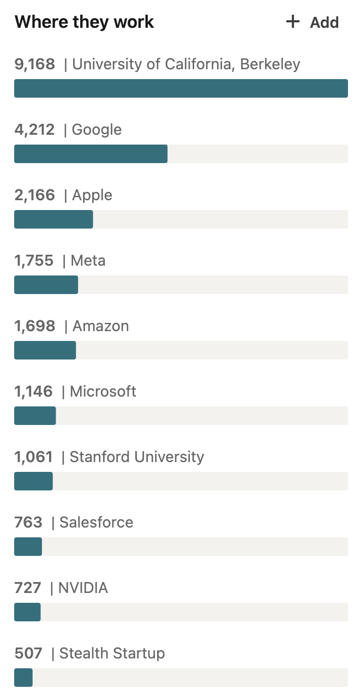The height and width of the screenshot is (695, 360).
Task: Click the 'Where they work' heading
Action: pos(84,22)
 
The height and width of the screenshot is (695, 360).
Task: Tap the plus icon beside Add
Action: pos(293,22)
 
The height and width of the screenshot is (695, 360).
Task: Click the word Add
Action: pos(325,22)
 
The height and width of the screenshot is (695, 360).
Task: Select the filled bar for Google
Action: pos(91,154)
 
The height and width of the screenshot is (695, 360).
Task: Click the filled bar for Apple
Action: pos(53,219)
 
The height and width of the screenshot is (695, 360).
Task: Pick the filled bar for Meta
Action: pos(46,285)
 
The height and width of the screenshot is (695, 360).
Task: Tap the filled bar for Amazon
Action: pos(45,350)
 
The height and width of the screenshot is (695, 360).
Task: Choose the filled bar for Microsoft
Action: pos(35,416)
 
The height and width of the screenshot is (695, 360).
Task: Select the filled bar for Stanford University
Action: pos(33,481)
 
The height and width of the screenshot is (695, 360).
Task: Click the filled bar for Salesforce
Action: pos(28,547)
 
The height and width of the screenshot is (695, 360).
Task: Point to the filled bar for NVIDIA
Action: pos(27,612)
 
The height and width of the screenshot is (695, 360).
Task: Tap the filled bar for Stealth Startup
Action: pos(23,678)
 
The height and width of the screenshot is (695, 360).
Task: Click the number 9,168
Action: pos(34,64)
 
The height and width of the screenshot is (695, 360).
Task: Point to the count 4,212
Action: pos(34,130)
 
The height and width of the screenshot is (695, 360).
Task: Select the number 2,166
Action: pos(34,195)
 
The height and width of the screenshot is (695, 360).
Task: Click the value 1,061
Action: pos(33,457)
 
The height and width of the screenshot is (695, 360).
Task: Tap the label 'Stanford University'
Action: pos(137,457)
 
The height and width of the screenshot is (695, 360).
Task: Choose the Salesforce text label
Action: pos(96,522)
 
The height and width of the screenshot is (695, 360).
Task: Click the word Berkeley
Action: pos(270,64)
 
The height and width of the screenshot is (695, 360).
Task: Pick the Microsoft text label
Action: pos(103,391)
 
